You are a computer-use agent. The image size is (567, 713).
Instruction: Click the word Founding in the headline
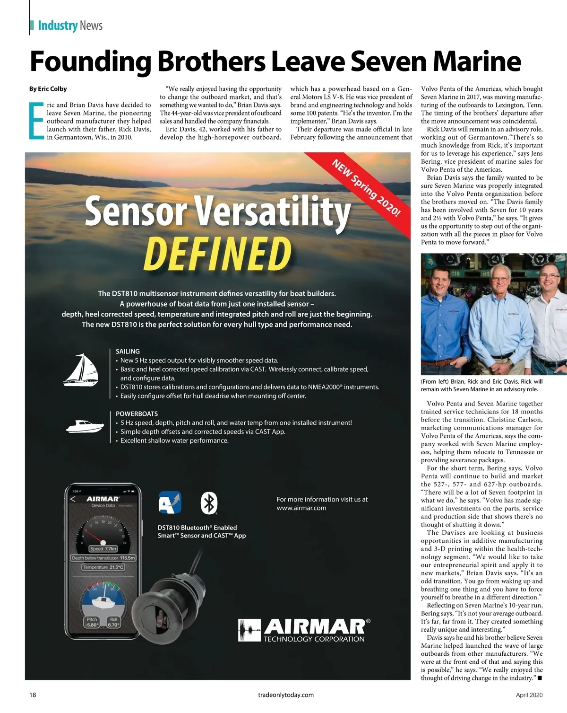[x=90, y=62]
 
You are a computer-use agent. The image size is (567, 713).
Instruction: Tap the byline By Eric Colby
[x=48, y=89]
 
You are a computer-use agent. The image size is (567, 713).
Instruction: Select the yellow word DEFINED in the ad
[x=217, y=254]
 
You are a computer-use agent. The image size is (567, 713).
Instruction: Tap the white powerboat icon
[x=85, y=426]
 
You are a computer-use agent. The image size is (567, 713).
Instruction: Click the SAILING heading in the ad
[x=128, y=352]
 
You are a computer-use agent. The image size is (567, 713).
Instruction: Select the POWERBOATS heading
[x=137, y=414]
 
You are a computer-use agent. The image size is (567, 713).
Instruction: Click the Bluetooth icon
[x=209, y=502]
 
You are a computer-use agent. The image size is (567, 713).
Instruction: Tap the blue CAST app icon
[x=170, y=502]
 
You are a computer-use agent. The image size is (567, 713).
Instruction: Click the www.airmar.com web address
[x=301, y=508]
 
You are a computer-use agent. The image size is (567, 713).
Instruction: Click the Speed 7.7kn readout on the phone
[x=103, y=549]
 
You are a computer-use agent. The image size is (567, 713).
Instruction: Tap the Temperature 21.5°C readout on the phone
[x=103, y=567]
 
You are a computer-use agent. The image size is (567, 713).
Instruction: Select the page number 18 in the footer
[x=33, y=695]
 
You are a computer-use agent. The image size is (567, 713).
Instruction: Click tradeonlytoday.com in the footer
[x=286, y=695]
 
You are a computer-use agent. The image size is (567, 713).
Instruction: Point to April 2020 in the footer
[x=529, y=695]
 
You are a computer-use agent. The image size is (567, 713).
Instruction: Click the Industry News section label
[x=70, y=26]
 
